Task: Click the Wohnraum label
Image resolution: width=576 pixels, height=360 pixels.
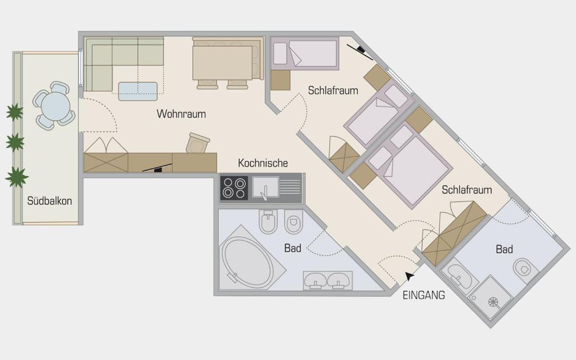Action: click(181, 114)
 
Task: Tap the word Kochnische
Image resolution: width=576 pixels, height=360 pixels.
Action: click(263, 163)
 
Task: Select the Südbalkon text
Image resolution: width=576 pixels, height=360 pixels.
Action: click(49, 201)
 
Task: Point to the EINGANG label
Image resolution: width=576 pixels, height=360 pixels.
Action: click(424, 295)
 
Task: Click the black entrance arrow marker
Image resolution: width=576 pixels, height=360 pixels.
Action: click(409, 276)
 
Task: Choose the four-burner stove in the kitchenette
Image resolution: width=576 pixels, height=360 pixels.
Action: click(234, 188)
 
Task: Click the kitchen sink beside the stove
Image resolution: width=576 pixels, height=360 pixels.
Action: click(265, 187)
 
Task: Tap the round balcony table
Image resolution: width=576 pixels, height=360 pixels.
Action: click(56, 106)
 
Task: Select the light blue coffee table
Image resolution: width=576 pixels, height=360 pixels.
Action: click(138, 92)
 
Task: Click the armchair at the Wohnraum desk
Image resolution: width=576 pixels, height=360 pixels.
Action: click(197, 143)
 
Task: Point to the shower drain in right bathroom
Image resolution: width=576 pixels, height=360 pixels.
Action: click(493, 302)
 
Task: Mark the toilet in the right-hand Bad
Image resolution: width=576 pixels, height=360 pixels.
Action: click(525, 269)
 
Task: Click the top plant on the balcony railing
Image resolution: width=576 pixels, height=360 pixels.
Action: click(14, 112)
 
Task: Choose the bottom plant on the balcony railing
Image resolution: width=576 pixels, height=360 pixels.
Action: click(16, 177)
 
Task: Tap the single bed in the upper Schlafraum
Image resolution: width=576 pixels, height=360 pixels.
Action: click(304, 53)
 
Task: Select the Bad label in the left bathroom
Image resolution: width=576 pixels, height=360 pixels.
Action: click(292, 248)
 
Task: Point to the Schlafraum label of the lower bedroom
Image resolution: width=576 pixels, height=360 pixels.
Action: click(466, 190)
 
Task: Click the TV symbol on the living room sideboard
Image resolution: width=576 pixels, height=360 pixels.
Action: click(157, 168)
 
